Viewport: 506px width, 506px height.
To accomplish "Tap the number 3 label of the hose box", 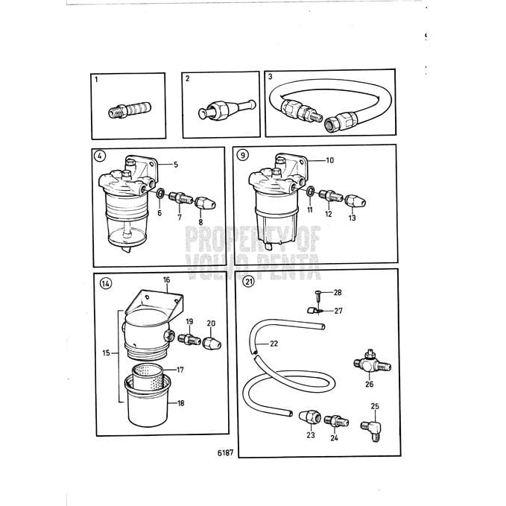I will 271,78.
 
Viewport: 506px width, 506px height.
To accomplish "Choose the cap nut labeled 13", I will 352,199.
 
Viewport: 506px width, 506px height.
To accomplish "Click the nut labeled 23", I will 309,417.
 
